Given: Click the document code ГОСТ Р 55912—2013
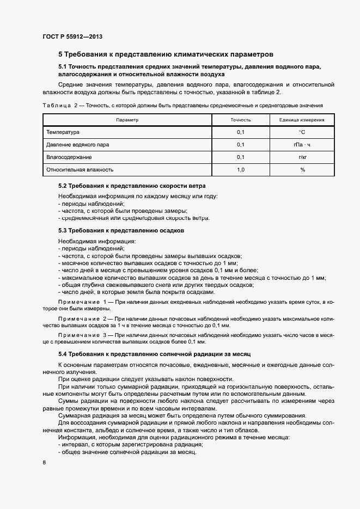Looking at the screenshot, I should click(x=72, y=36).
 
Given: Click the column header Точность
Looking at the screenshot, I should click(x=240, y=119).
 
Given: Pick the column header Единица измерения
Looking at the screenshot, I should click(x=302, y=119).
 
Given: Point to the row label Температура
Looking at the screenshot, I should click(x=63, y=132).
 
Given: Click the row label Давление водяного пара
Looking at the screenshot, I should click(x=75, y=145).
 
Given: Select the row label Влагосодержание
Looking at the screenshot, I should click(x=69, y=157).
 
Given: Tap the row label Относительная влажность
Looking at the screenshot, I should click(x=80, y=170).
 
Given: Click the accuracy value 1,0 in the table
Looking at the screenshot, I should click(x=240, y=170).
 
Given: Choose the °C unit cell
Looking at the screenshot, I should click(x=302, y=132).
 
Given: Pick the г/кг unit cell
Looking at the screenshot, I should click(x=302, y=157).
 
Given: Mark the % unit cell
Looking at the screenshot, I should click(x=302, y=170).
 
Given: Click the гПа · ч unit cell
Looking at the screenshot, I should click(x=302, y=145).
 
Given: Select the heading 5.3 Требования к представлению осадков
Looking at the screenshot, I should click(x=121, y=230).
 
